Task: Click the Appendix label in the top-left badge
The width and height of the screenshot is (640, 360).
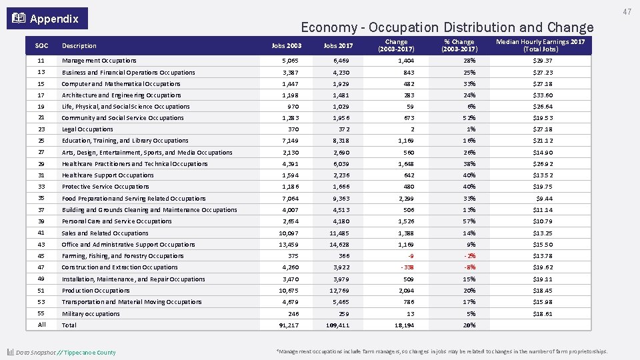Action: point(54,19)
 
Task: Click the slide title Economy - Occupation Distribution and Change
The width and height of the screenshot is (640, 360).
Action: point(447,27)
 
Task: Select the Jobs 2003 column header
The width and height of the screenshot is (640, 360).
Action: point(287,46)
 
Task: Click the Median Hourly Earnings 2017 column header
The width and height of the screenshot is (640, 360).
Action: point(540,46)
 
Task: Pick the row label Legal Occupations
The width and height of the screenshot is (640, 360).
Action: point(87,129)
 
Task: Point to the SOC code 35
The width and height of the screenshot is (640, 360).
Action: point(41,198)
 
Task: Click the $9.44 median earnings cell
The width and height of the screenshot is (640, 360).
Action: point(545,199)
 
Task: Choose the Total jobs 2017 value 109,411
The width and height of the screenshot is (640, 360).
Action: point(335,325)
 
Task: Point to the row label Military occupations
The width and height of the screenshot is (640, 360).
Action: point(91,314)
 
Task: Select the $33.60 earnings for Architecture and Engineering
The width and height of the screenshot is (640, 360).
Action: point(543,95)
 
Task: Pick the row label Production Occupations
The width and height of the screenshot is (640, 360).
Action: point(95,291)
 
